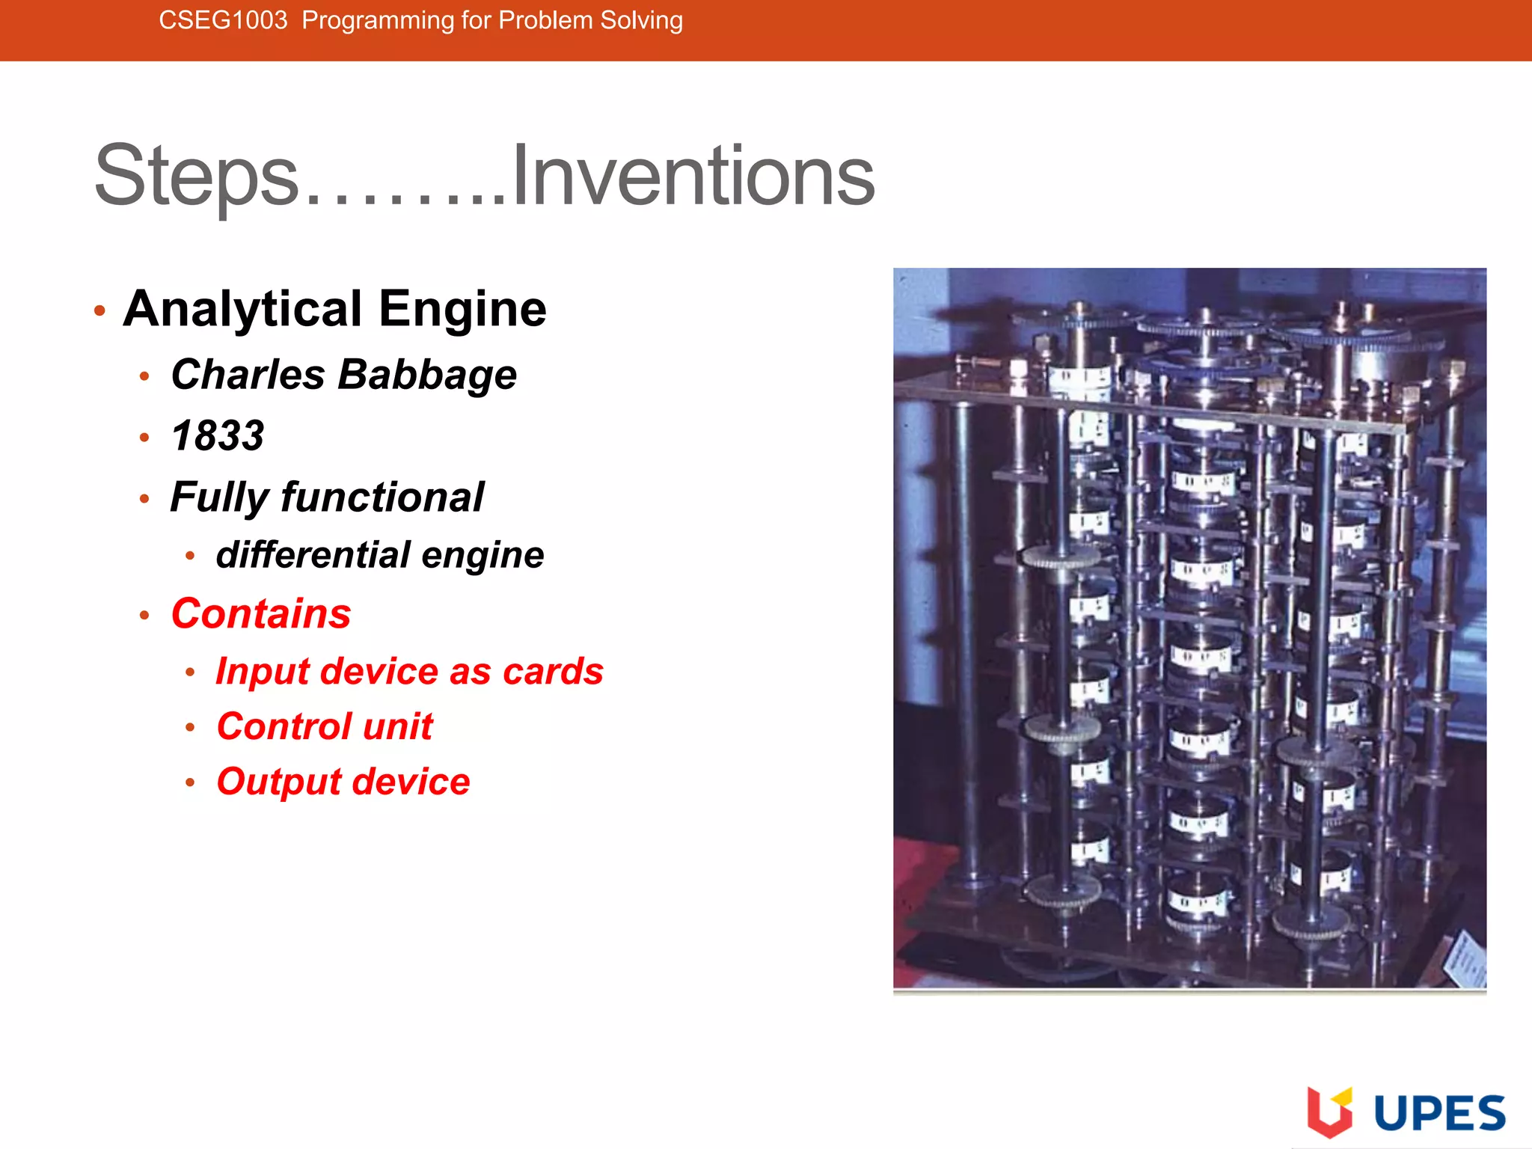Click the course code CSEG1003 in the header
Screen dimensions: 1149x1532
[x=223, y=20]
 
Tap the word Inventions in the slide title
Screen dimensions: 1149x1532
[x=693, y=177]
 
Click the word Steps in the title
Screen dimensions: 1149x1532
[x=196, y=177]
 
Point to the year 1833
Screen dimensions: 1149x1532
[x=218, y=435]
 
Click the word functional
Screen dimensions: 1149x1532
[x=382, y=497]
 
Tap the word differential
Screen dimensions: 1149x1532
[x=313, y=554]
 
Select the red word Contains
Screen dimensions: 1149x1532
[x=261, y=613]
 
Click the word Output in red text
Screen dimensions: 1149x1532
[x=278, y=782]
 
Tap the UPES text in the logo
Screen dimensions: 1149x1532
[x=1439, y=1113]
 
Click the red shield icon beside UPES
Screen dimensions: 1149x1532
[x=1329, y=1112]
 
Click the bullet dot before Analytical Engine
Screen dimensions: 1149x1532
[x=99, y=310]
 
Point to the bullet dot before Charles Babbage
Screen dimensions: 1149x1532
[x=144, y=376]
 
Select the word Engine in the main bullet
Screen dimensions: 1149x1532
[x=462, y=309]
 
